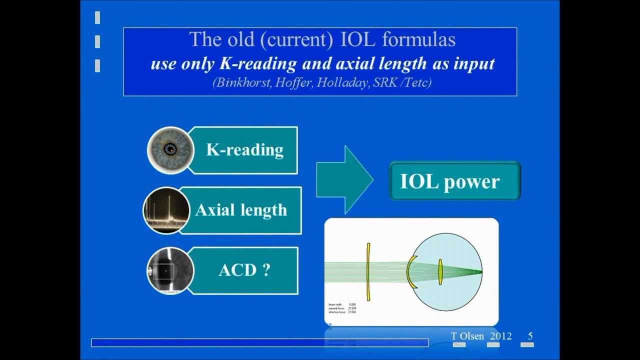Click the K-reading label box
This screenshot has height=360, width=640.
coord(244,150)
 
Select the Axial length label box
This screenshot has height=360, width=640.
coord(241,210)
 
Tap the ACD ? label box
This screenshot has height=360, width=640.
coord(244,270)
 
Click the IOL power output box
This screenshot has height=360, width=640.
coord(454,181)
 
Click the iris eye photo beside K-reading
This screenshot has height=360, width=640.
coord(170,149)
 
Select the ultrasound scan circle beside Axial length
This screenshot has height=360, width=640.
coord(166,210)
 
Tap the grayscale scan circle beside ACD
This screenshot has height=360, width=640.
coord(169,270)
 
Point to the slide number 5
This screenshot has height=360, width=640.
coord(530,336)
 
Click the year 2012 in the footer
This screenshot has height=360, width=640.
coord(500,336)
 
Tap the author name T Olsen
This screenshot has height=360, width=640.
coord(467,336)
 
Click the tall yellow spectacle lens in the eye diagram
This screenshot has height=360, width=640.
coord(368,272)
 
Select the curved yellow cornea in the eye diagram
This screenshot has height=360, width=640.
coord(410,272)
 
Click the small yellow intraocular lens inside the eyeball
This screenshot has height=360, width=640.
coord(440,272)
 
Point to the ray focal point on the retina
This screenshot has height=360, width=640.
coord(481,272)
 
